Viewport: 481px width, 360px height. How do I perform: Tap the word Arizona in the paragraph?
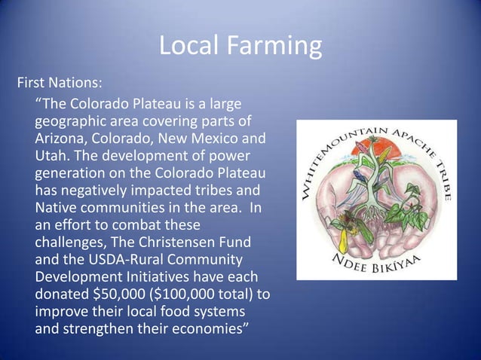tap(61, 139)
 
